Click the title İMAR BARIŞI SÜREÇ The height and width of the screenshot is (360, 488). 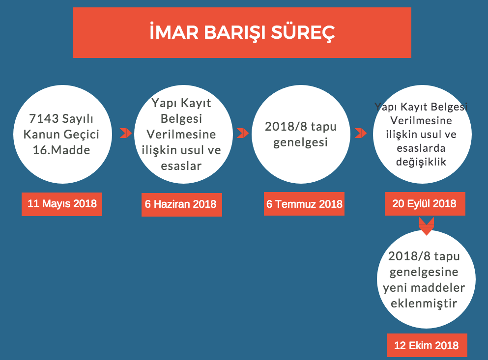242,32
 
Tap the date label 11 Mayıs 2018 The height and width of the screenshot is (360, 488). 62,204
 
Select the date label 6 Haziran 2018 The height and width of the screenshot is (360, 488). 182,204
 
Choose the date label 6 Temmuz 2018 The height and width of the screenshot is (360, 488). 304,204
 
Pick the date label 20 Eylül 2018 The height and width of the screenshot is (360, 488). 425,204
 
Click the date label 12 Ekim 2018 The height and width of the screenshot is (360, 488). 427,345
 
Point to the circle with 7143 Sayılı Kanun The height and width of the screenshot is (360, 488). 62,134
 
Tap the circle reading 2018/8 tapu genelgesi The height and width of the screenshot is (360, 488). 301,134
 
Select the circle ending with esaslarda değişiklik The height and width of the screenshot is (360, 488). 422,134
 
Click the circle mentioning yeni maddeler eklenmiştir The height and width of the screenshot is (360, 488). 426,279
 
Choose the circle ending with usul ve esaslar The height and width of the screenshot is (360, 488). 183,134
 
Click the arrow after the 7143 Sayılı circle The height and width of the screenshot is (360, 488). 126,133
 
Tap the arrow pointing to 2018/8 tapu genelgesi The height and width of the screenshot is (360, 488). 243,133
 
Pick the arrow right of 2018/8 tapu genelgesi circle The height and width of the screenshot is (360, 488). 361,133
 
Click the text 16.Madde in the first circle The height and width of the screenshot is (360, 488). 61,150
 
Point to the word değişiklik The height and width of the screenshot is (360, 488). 421,162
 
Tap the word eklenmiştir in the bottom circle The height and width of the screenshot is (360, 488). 424,304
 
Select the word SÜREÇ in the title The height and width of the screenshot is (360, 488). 303,32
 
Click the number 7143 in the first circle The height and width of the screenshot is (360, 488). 44,118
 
